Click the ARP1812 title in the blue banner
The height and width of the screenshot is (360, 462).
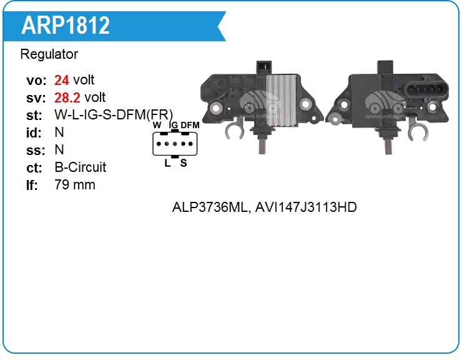[x=66, y=25]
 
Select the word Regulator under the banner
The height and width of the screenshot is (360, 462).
[x=49, y=54]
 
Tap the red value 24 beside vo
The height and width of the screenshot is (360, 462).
[x=61, y=80]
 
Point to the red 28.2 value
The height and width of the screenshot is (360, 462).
[x=67, y=97]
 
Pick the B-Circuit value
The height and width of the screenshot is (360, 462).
[x=81, y=167]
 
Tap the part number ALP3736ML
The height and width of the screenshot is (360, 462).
[x=210, y=207]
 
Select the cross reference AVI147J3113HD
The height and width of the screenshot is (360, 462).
[x=306, y=207]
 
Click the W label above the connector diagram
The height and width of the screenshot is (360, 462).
[x=157, y=126]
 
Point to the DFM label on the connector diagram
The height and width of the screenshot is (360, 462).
[x=190, y=126]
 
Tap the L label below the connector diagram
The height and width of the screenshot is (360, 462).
[x=167, y=163]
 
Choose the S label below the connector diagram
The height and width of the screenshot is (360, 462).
[x=184, y=163]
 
